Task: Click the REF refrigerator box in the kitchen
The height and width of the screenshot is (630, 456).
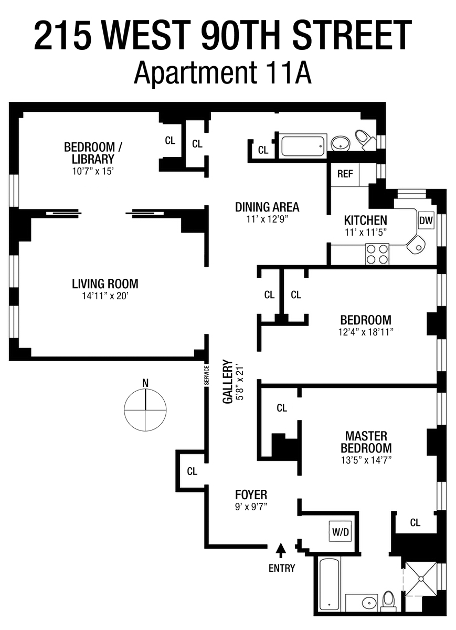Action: coord(345,174)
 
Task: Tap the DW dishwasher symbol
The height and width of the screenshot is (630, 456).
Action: coord(426,221)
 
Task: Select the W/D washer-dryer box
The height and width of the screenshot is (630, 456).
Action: coord(340,532)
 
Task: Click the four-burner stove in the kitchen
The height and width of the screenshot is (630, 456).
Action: coord(377,255)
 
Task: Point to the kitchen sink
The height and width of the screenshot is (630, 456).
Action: coord(417,244)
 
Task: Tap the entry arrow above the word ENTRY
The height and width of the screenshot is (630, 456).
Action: coord(281,550)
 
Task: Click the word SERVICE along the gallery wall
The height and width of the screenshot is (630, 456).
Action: coord(207,375)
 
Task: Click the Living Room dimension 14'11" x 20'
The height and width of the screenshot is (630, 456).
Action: coord(105,296)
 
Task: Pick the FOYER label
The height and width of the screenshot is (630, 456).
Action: coord(251,495)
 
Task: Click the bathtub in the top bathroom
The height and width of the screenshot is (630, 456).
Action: coord(304,145)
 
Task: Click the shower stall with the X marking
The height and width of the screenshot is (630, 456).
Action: coord(420,579)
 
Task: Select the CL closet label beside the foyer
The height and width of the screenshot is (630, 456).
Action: coord(192,471)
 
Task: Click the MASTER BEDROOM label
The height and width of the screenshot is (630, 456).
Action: coord(366,442)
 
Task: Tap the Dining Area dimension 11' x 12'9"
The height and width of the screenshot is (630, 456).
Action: coord(267,220)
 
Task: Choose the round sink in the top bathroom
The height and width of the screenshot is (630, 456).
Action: coord(341,142)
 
